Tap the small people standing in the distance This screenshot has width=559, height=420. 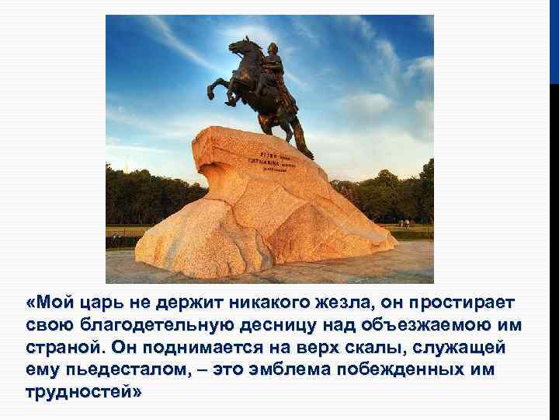pyautogui.click(x=405, y=223)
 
